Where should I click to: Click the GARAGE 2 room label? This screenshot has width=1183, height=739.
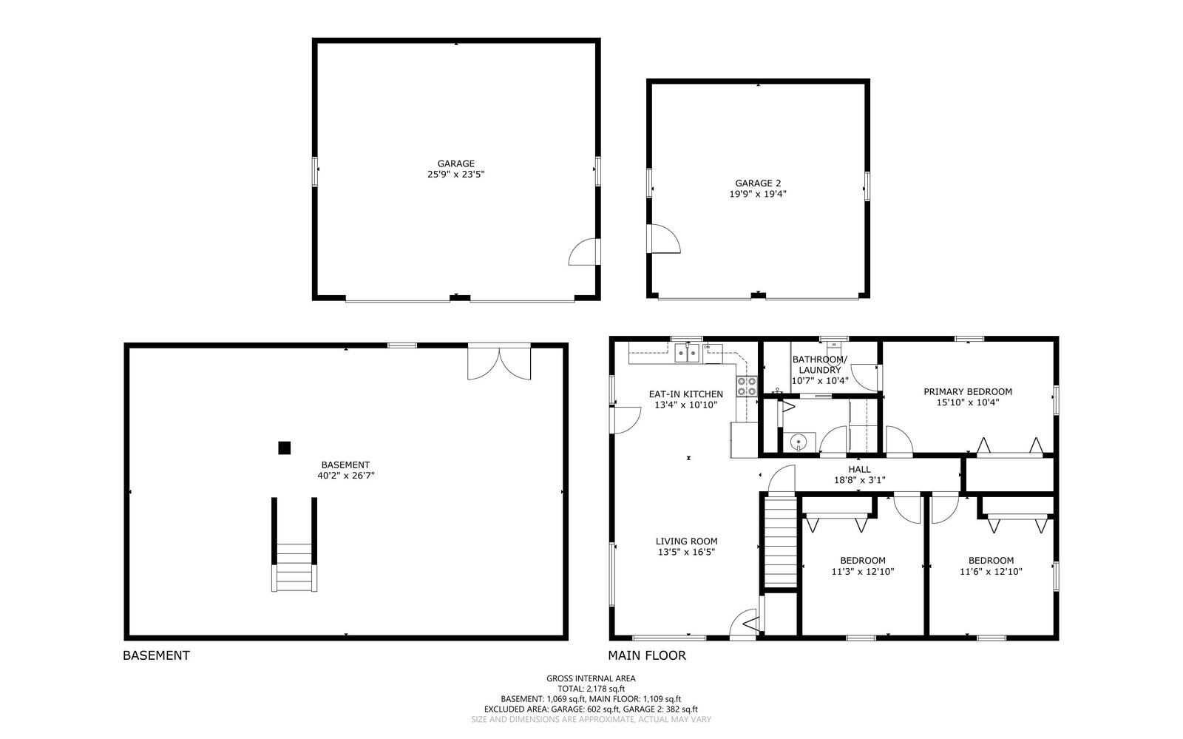(757, 183)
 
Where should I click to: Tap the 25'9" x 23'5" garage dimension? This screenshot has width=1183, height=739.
(455, 175)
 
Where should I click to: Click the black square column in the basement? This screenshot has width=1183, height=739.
(284, 448)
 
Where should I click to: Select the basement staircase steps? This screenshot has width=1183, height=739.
(294, 567)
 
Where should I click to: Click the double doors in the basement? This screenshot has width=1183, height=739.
(499, 362)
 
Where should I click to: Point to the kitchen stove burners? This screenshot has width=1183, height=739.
(746, 386)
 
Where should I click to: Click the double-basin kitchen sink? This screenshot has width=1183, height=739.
(688, 353)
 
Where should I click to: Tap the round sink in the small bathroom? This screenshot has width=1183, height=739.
(798, 442)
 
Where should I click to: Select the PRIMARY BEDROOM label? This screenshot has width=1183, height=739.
(967, 392)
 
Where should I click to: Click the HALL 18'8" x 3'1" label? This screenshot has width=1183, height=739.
(859, 474)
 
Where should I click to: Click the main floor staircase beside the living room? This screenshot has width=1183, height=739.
(779, 542)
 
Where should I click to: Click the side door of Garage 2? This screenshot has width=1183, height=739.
(663, 240)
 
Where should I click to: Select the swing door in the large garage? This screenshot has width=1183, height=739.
(584, 252)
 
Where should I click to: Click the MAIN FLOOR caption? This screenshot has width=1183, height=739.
(646, 655)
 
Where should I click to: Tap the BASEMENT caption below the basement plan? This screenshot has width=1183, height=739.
(156, 655)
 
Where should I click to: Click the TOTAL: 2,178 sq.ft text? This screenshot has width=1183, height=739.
(590, 689)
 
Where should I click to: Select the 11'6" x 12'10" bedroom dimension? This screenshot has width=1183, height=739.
(991, 571)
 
